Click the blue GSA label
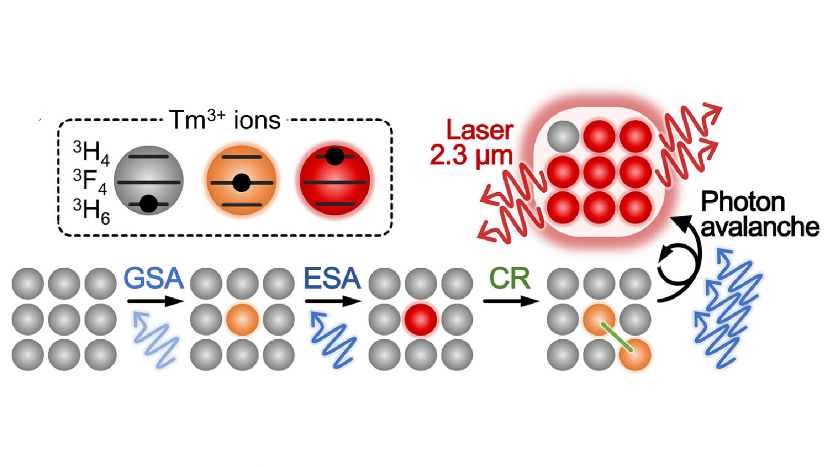(x=153, y=278)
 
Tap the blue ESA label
(x=332, y=278)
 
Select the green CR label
(x=510, y=278)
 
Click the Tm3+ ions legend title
(x=224, y=120)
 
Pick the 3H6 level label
(x=91, y=210)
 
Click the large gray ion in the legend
(x=149, y=180)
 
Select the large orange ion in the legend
(x=241, y=180)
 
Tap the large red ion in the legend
(x=335, y=180)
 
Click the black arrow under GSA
(x=155, y=301)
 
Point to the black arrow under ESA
(x=332, y=301)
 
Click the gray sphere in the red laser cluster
(x=563, y=136)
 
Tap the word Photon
(x=742, y=202)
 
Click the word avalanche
(x=760, y=227)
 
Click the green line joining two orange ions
(x=617, y=337)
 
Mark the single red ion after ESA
(x=421, y=320)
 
